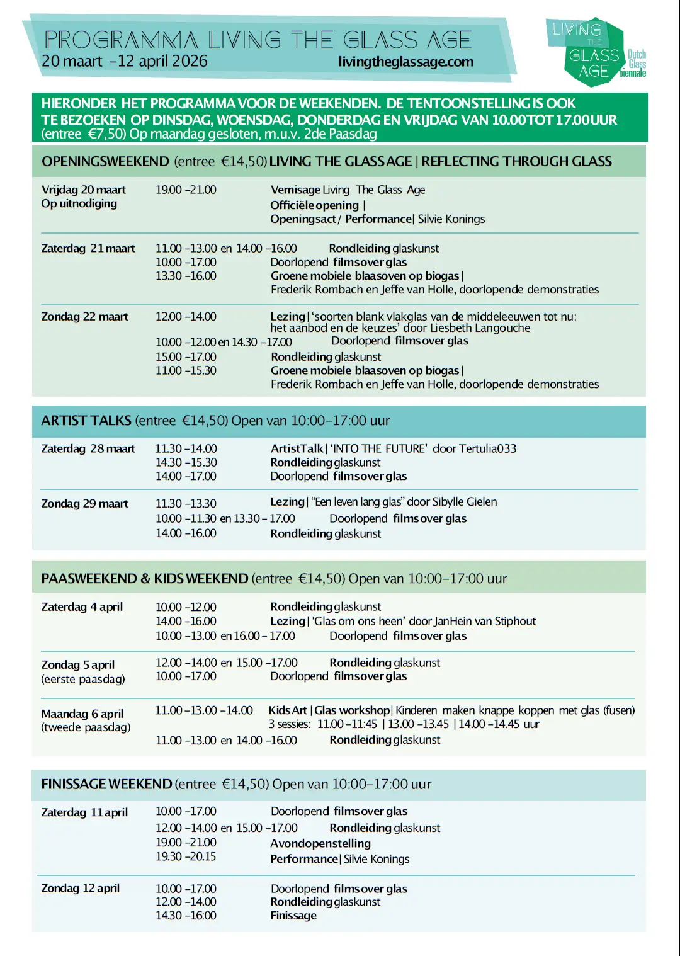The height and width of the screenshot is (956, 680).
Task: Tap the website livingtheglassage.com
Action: (x=405, y=62)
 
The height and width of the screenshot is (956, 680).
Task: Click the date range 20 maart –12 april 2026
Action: (x=124, y=61)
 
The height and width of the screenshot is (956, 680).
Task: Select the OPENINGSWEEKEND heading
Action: (x=105, y=161)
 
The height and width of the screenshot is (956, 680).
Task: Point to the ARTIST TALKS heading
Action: (x=86, y=421)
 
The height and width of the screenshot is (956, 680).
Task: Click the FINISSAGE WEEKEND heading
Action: (x=106, y=784)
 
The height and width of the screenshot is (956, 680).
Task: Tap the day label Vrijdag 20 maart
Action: (x=83, y=190)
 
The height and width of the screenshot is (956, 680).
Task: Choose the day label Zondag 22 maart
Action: (x=84, y=316)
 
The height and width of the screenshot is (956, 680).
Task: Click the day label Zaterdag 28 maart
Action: (x=88, y=448)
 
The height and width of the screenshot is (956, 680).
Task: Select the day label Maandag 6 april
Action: (x=82, y=714)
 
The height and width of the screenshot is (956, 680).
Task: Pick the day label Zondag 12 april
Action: (x=80, y=888)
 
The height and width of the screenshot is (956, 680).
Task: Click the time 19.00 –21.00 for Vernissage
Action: (x=186, y=190)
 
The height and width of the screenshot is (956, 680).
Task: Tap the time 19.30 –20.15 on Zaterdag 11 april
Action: (x=186, y=856)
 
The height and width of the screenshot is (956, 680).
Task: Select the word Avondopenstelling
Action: (x=320, y=843)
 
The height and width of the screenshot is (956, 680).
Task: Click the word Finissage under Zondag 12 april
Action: (x=293, y=916)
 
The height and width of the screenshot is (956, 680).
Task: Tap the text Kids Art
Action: (x=288, y=710)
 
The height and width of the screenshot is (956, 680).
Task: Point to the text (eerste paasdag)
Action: (x=83, y=679)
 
